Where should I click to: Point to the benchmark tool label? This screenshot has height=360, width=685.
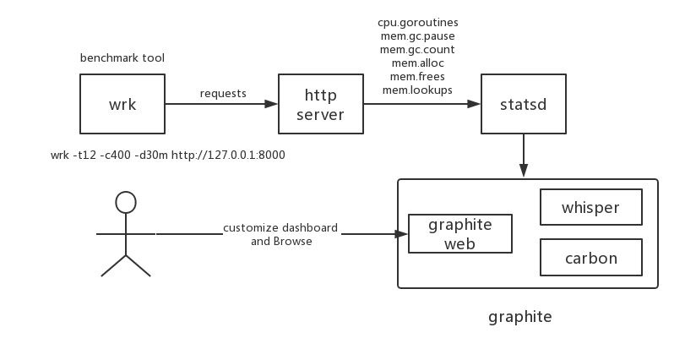coord(122,57)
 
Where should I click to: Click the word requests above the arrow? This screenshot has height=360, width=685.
coord(223,94)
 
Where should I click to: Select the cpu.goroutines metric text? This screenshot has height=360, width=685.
coord(418,22)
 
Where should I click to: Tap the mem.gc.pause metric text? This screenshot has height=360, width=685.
coord(417,35)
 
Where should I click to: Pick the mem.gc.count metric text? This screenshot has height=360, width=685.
coord(417,49)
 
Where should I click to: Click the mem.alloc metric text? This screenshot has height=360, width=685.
coord(417,63)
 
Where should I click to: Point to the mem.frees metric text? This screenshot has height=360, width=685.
coord(417,76)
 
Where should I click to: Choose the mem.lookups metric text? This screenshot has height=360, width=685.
coord(417,90)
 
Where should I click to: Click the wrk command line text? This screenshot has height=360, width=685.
coord(168,155)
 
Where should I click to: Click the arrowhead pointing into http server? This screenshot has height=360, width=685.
coord(271,104)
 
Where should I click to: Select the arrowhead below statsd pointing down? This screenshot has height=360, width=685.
coord(524,171)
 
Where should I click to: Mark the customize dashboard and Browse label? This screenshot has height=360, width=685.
coord(281,234)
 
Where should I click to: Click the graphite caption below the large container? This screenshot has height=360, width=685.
coord(519,317)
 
